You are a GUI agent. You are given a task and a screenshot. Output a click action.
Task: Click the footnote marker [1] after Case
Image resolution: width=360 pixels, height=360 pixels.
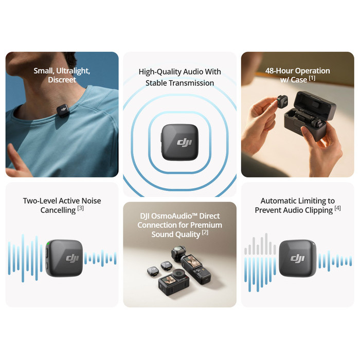click(x=312, y=79)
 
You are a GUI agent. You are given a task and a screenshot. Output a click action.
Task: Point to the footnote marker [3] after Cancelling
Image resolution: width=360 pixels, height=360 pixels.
click(x=81, y=209)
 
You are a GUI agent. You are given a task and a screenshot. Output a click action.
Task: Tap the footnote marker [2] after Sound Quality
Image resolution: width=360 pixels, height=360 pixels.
click(x=205, y=233)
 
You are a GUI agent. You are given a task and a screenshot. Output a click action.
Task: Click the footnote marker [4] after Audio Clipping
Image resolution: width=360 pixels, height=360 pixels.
click(x=337, y=209)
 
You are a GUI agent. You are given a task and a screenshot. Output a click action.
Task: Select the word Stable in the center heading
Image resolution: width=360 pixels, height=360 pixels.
click(x=156, y=83)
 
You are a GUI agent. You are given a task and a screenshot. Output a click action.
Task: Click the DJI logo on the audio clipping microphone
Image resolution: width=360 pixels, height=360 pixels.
click(x=298, y=258)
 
